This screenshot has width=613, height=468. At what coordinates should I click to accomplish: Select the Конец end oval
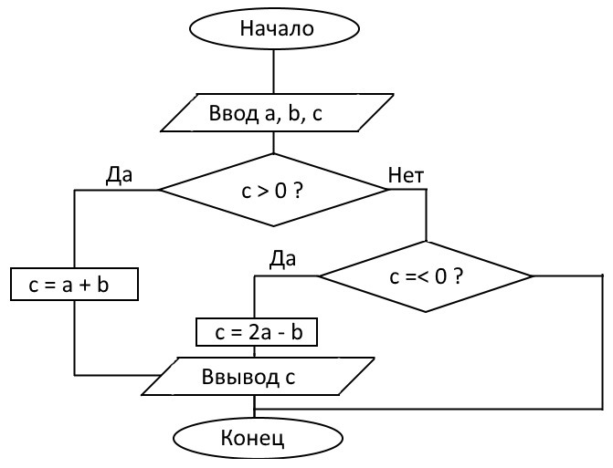(x=252, y=439)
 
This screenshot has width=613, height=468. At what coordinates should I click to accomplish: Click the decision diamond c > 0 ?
(x=273, y=190)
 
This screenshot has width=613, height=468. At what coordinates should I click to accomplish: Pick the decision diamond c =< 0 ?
(x=425, y=276)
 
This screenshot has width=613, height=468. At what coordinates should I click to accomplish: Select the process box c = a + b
(x=74, y=285)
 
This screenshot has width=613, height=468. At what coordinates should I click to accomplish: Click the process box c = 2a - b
(x=257, y=333)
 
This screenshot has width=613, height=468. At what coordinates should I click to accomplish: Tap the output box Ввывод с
(x=257, y=376)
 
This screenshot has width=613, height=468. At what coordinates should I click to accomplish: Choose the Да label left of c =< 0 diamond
(x=282, y=259)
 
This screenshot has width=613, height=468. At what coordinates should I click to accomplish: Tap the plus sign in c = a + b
(x=78, y=285)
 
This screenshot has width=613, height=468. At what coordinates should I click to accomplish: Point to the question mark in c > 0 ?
(x=299, y=191)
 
